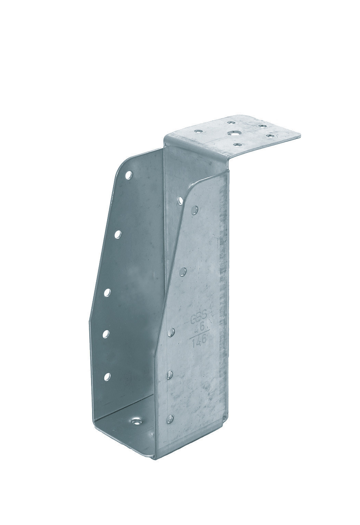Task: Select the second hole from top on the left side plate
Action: pos(118,234)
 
